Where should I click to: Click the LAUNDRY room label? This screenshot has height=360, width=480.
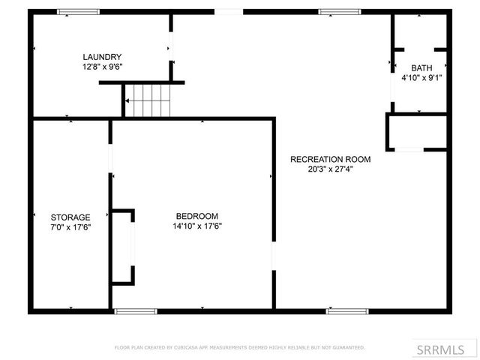(x=102, y=57)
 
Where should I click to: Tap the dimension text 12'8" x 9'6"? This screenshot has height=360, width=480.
(x=102, y=67)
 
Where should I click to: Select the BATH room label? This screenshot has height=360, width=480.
(x=421, y=67)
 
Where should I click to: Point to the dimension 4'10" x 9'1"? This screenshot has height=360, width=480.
(x=421, y=77)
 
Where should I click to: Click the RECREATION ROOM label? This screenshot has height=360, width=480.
(x=330, y=159)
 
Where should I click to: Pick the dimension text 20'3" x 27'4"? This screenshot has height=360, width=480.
(x=330, y=169)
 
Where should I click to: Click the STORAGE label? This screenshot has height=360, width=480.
(x=70, y=217)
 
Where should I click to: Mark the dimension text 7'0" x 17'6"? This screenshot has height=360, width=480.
(x=70, y=226)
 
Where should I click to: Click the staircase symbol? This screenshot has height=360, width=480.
(x=148, y=100)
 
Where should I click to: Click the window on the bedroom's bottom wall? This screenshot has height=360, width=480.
(x=136, y=310)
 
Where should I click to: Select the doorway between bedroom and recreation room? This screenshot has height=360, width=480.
(x=273, y=256)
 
